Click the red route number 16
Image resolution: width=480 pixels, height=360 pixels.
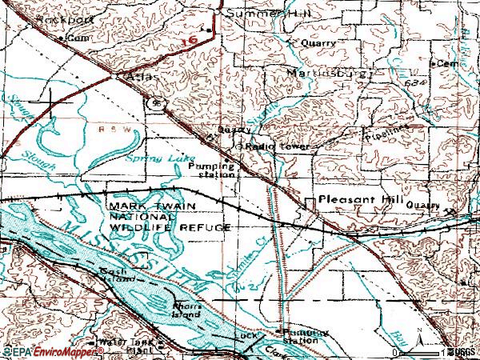click(189, 38)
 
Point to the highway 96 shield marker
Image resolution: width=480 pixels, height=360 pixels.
click(157, 103)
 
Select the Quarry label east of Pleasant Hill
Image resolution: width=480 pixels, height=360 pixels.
click(422, 206)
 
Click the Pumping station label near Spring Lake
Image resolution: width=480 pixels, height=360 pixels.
click(213, 170)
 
